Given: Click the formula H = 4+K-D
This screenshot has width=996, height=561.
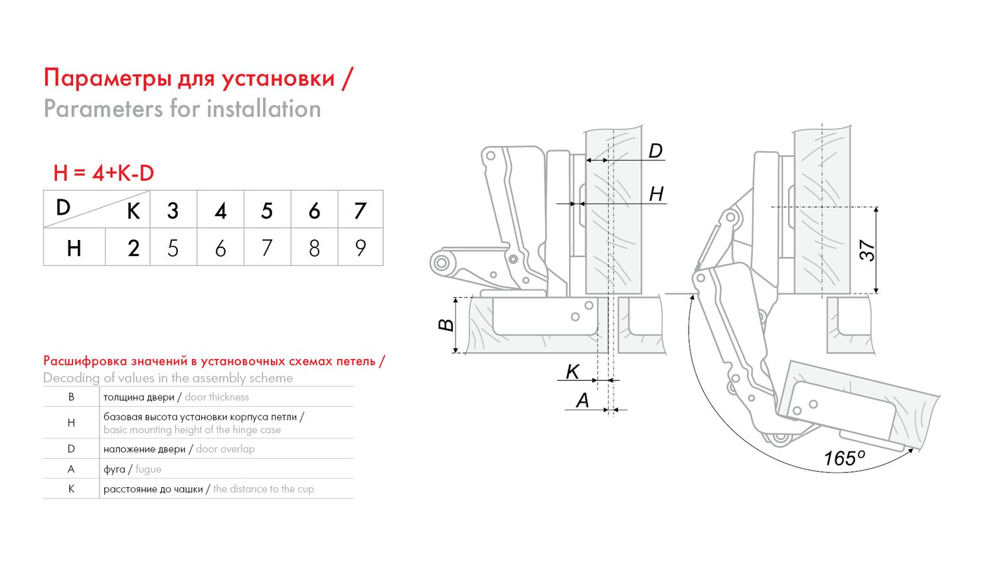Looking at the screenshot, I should pos(104,173).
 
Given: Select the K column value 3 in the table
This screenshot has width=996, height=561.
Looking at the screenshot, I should pos(173,210).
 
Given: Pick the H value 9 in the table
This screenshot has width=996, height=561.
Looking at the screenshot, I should pos(361,247).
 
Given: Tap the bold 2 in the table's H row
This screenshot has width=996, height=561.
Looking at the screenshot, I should pos(133,248).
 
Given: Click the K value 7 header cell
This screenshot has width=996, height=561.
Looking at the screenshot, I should pos(361,210).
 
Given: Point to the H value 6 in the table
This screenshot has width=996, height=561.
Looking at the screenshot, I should pos(220,248).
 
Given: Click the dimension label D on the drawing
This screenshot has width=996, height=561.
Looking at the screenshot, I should pos(655,151).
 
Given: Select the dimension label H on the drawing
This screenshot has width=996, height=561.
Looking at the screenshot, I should pos(656,194).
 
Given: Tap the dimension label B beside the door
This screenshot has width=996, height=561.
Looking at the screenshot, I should pos(446,325).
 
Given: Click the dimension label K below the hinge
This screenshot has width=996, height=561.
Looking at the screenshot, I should pos(572,372).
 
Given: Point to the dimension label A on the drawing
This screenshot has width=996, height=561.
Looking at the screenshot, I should pos(582,400).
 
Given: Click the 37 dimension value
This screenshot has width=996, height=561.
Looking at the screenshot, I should pos(868,251).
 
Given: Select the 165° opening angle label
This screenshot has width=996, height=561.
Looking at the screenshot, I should pos(844,458).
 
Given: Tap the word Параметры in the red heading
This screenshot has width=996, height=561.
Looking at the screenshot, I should pos(107,78).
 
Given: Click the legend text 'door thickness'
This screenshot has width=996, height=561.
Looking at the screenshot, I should pos(216,397).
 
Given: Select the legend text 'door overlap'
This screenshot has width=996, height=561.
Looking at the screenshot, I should pos(225,449).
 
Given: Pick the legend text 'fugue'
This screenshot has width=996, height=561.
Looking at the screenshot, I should pos(148,469).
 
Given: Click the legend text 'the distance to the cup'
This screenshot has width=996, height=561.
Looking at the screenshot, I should pos(264,489).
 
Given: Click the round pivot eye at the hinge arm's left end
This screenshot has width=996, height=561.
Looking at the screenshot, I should pos(441,262).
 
